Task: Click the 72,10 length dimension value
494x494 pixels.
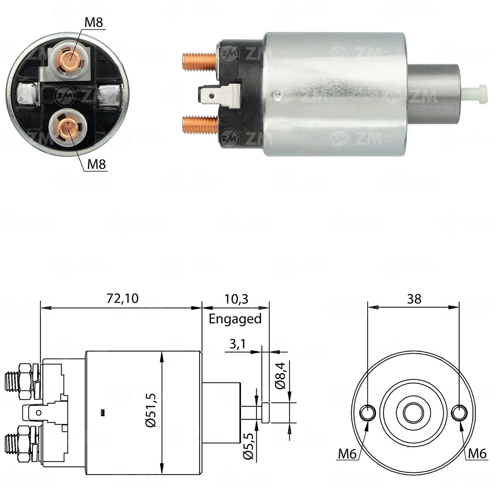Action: (122, 298)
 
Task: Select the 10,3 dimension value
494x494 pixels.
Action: (236, 299)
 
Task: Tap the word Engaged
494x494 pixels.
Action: (235, 318)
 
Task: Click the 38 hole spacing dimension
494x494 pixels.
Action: (414, 299)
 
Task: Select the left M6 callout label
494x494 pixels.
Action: (347, 454)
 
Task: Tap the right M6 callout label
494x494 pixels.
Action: (477, 454)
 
